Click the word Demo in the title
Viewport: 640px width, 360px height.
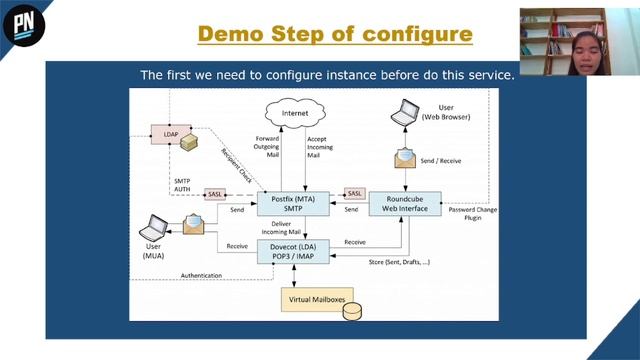pyautogui.click(x=229, y=33)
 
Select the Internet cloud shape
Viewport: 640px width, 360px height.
pyautogui.click(x=295, y=115)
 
